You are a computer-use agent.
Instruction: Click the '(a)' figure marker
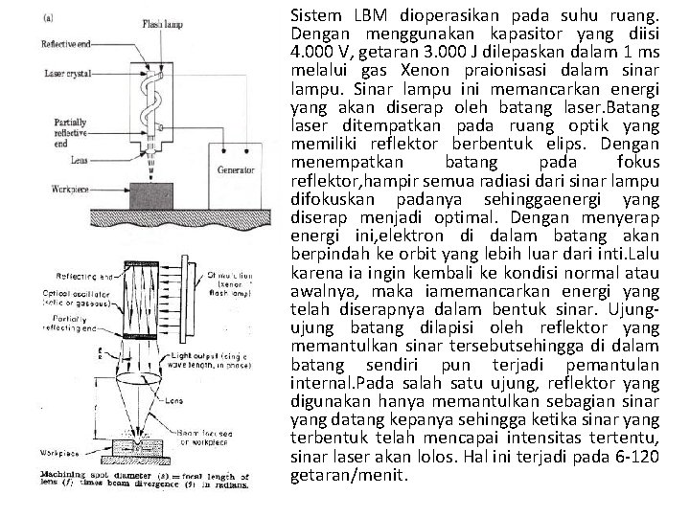[49, 15]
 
